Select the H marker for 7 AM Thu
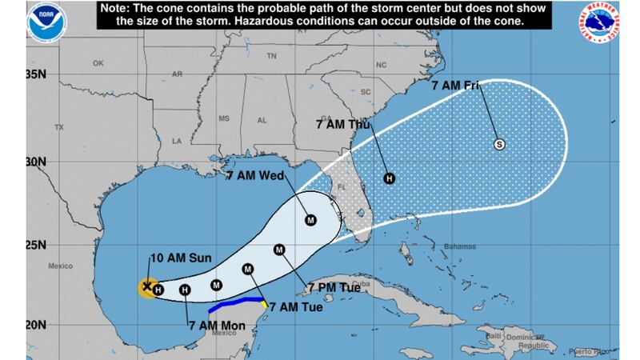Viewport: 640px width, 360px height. (389, 178)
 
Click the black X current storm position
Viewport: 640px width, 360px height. (146, 286)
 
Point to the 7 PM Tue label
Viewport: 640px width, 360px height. (334, 286)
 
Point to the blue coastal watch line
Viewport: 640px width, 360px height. (236, 306)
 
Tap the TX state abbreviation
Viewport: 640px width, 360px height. (58, 128)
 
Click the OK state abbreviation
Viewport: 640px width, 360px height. (99, 63)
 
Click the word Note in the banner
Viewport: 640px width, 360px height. (119, 8)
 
